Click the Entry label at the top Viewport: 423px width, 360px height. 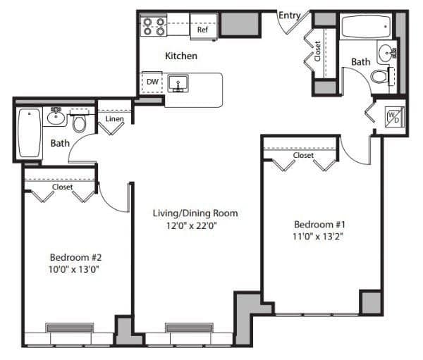(x=291, y=15)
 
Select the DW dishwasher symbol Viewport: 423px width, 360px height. (x=152, y=82)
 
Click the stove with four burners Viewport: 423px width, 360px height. (x=154, y=27)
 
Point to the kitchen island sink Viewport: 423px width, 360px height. (x=178, y=82)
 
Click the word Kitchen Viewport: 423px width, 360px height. (x=181, y=56)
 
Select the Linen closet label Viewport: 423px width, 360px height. (x=114, y=118)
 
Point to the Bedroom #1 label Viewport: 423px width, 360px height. (x=318, y=224)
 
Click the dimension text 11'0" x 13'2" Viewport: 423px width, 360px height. (x=318, y=236)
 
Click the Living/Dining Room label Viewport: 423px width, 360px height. (x=195, y=213)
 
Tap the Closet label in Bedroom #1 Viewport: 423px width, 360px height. (x=304, y=155)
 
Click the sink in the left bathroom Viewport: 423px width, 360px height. (x=56, y=116)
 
